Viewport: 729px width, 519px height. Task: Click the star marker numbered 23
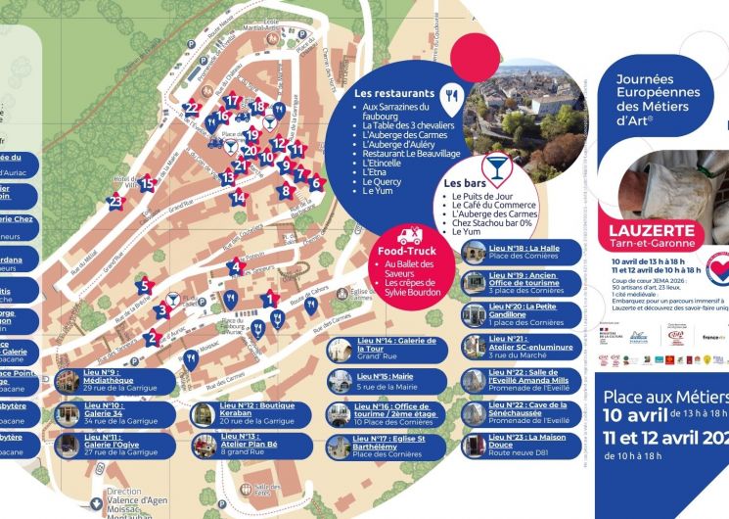pyautogui.click(x=116, y=203)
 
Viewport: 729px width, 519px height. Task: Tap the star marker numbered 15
pyautogui.click(x=147, y=182)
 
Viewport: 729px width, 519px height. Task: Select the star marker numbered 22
pyautogui.click(x=193, y=108)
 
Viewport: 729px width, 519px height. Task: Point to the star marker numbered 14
pyautogui.click(x=238, y=197)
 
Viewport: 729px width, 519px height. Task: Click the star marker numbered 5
pyautogui.click(x=145, y=287)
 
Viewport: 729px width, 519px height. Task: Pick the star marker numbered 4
pyautogui.click(x=234, y=266)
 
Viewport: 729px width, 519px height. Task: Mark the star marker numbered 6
pyautogui.click(x=315, y=183)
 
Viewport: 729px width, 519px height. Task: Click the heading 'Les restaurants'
pyautogui.click(x=396, y=93)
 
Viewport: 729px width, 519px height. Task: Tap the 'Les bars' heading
pyautogui.click(x=466, y=183)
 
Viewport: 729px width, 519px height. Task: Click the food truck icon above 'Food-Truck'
pyautogui.click(x=409, y=236)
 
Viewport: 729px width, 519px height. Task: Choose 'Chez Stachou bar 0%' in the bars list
pyautogui.click(x=492, y=222)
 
